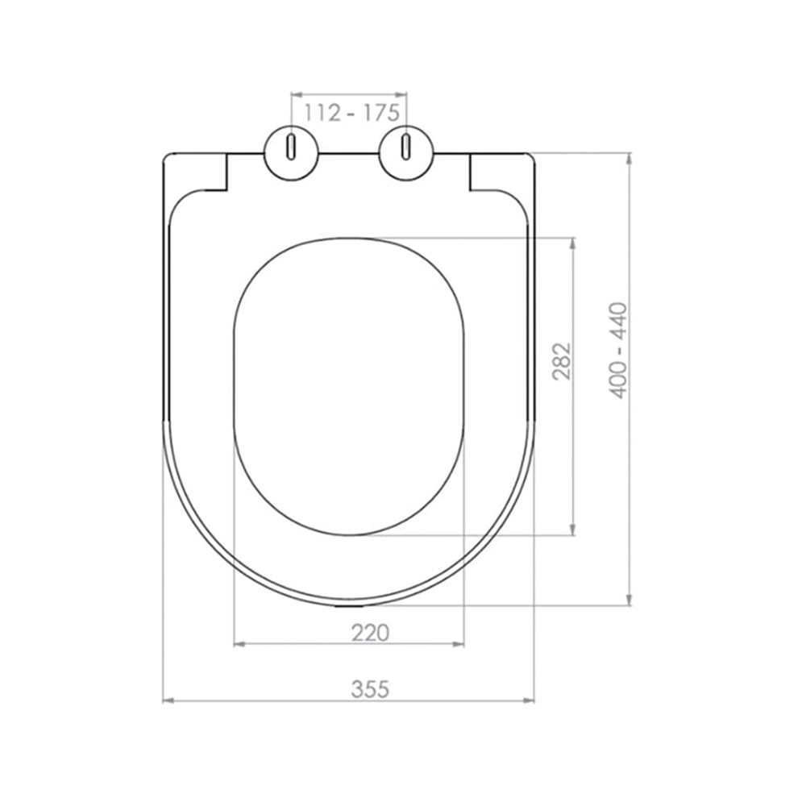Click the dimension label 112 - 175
(x=351, y=113)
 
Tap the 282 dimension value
(x=561, y=361)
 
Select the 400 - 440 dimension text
(x=618, y=351)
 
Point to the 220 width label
(x=370, y=633)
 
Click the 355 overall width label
(x=370, y=689)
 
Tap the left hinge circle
(x=291, y=152)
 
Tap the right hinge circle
(x=406, y=152)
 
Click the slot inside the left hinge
(x=291, y=147)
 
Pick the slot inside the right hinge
(x=406, y=147)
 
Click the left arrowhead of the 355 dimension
(x=168, y=700)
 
